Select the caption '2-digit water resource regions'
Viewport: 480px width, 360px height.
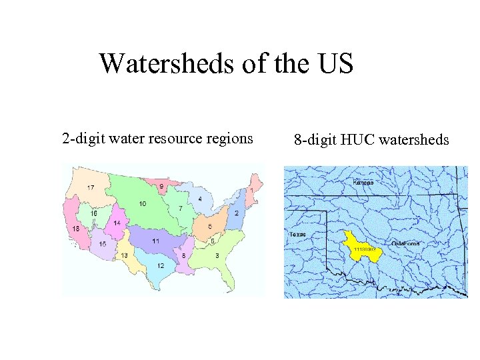tap(157, 139)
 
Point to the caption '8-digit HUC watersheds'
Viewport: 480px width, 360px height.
tap(371, 140)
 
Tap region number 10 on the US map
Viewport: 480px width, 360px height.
tap(143, 203)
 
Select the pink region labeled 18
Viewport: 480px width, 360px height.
tap(76, 229)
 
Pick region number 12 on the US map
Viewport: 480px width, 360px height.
tap(161, 265)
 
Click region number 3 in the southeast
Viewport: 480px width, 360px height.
tap(217, 255)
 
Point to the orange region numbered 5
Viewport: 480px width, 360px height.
tap(210, 227)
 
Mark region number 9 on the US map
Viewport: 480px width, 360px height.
tap(161, 186)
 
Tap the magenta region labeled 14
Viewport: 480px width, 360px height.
tap(117, 223)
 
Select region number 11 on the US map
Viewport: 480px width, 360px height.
tap(155, 241)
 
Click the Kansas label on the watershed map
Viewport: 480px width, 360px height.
tap(363, 182)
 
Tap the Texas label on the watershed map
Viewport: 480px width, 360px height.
tap(297, 234)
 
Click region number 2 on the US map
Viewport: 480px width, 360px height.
tap(237, 213)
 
